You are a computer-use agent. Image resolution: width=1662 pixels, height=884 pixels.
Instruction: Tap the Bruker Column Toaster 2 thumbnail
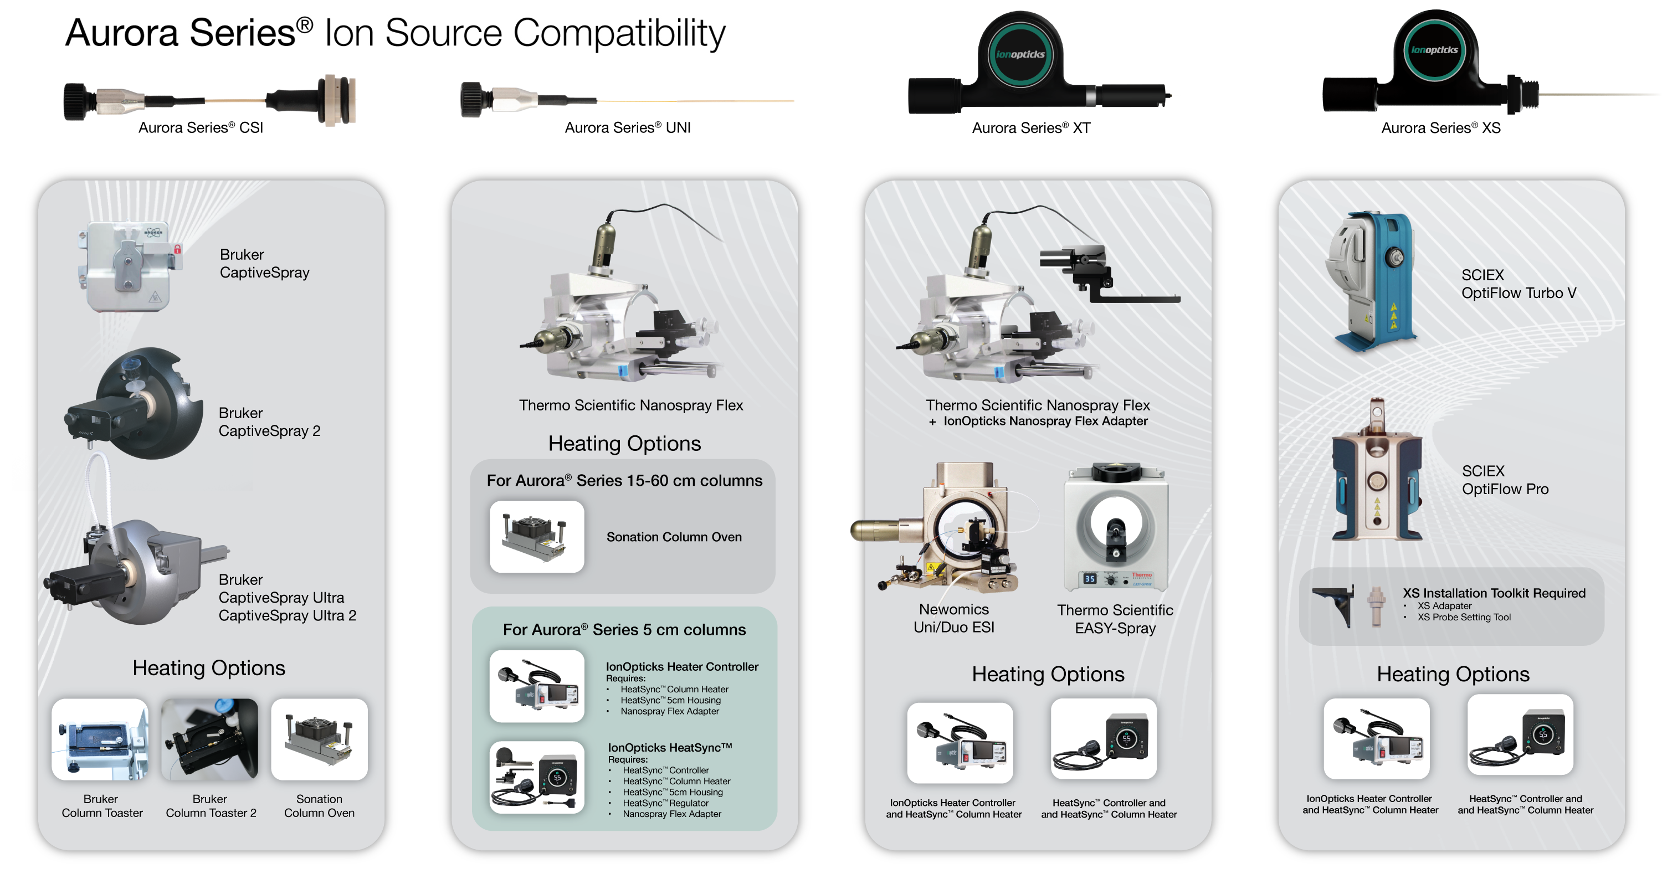pos(209,739)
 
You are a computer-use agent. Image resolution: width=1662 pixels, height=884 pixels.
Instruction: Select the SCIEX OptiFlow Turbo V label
pos(1518,284)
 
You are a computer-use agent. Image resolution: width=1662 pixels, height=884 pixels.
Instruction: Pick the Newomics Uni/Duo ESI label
pos(953,618)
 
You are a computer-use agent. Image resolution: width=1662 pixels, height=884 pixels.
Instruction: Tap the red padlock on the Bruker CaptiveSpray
pos(177,249)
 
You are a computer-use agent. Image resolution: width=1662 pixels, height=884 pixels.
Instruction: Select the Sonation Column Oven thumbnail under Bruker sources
pos(319,739)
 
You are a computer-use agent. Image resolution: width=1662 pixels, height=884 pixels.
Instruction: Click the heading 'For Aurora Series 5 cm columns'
pos(624,630)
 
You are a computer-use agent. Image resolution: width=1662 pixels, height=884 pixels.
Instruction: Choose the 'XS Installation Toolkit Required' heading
pos(1494,593)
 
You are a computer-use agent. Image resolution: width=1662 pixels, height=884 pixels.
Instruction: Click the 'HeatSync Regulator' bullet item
pos(665,803)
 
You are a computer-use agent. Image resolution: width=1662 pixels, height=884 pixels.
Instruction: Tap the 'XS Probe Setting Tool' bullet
pos(1464,618)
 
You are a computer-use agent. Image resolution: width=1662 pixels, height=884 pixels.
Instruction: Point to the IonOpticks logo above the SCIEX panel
pos(1434,50)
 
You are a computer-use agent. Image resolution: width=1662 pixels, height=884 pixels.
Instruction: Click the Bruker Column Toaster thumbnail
pos(100,739)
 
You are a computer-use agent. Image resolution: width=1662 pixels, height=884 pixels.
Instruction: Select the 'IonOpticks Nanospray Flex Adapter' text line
pos(1045,422)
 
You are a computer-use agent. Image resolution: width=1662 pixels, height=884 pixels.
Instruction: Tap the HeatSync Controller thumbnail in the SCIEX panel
pos(1520,735)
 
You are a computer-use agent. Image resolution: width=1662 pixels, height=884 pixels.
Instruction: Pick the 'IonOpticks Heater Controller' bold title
pos(682,666)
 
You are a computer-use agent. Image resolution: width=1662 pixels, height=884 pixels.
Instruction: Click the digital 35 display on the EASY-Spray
pos(1090,579)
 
